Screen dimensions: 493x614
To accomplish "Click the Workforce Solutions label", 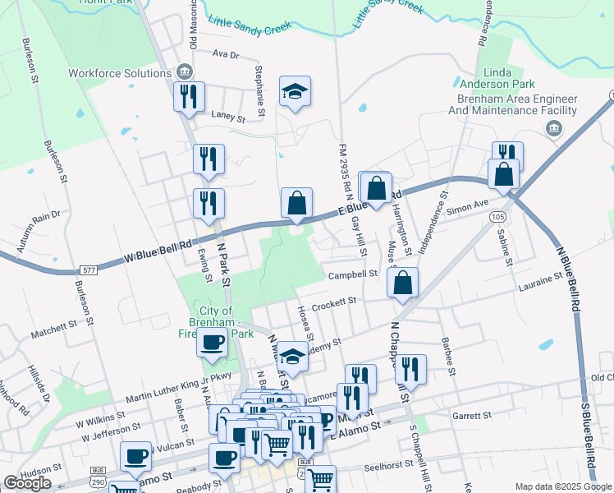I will tap(119, 72).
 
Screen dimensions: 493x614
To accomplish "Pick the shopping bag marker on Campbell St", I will tap(402, 283).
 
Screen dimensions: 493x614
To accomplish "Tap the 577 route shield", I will tap(89, 270).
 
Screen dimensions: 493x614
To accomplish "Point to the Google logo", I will tap(27, 482).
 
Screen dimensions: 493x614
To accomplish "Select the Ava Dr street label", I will tap(224, 55).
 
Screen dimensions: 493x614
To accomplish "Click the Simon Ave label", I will tap(467, 206).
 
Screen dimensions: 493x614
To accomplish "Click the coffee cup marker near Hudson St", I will tap(135, 456).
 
